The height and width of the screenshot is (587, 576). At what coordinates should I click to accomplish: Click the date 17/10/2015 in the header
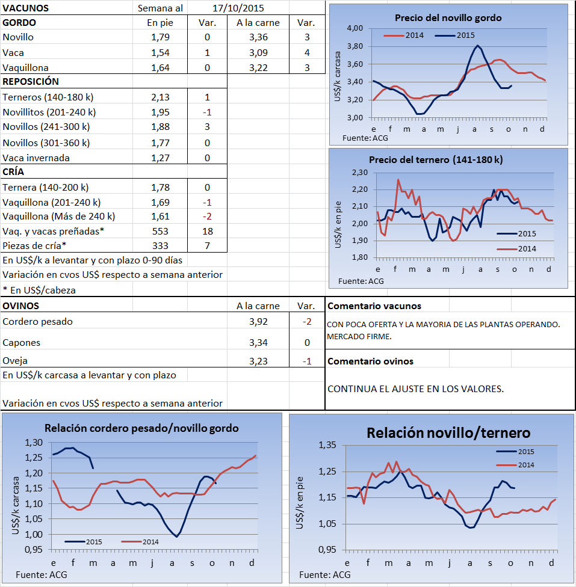(x=238, y=8)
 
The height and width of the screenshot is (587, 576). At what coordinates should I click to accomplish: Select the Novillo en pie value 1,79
(x=160, y=37)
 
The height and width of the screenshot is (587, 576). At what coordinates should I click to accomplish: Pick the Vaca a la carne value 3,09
(x=258, y=53)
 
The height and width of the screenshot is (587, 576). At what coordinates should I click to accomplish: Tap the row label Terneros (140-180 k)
(x=48, y=97)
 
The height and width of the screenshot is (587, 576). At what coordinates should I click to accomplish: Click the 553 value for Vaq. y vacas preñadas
(x=160, y=231)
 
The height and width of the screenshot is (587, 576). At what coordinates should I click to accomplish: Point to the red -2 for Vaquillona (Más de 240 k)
(x=207, y=216)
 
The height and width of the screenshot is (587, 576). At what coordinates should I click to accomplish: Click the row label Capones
(x=22, y=342)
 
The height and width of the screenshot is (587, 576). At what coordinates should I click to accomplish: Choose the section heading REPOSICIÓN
(x=31, y=81)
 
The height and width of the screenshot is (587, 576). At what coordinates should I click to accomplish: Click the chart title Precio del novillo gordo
(x=448, y=18)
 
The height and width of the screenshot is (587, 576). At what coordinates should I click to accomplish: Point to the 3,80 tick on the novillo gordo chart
(x=355, y=46)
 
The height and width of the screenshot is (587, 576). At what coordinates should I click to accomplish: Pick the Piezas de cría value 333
(x=160, y=245)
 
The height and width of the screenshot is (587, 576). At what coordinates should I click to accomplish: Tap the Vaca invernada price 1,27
(x=160, y=158)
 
